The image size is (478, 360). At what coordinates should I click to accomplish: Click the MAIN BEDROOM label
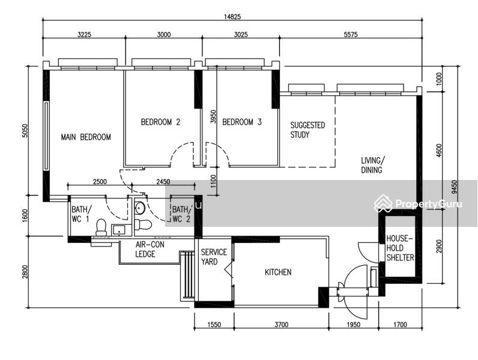pos(86,137)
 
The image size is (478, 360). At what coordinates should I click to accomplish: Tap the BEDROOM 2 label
pos(160,122)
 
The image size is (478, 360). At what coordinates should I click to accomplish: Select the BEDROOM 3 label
pos(242,122)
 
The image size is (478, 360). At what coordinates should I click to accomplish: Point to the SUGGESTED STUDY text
pos(307,130)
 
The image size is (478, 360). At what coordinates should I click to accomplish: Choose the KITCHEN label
pos(278,272)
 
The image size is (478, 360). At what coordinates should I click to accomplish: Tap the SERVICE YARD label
pos(214,257)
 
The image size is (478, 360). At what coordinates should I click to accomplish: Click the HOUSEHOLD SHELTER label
pos(400,248)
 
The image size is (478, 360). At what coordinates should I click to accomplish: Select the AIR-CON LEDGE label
pos(150,249)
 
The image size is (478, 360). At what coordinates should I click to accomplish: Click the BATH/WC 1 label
pos(81,214)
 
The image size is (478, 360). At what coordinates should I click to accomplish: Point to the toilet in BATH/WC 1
pos(101,227)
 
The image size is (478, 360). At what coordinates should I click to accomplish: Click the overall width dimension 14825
pos(232,17)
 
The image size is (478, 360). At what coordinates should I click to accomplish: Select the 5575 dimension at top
pos(351,34)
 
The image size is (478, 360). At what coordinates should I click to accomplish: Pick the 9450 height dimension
pos(455,187)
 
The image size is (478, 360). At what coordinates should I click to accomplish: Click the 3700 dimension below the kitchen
pos(281,325)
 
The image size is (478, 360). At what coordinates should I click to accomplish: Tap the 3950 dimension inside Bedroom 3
pos(213,116)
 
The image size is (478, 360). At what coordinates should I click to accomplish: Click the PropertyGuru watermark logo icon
pos(383,203)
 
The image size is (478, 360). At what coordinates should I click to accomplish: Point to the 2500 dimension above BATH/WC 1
pos(100,182)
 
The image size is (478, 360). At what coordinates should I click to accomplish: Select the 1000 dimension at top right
pos(439,79)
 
